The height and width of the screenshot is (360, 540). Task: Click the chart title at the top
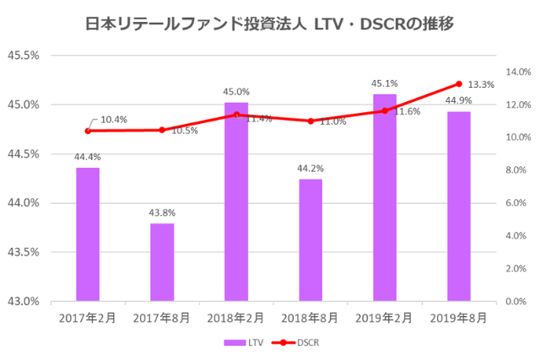pyautogui.click(x=270, y=24)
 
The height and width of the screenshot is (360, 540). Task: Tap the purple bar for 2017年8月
pyautogui.click(x=162, y=262)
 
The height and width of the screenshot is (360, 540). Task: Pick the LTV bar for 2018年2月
pyautogui.click(x=236, y=201)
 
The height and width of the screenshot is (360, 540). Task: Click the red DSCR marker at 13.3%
pyautogui.click(x=459, y=83)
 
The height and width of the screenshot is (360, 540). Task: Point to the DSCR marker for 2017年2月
pyautogui.click(x=88, y=131)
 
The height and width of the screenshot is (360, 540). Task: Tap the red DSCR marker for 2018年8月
pyautogui.click(x=310, y=121)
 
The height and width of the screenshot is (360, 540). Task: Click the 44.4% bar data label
pyautogui.click(x=88, y=156)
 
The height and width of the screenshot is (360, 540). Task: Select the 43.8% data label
pyautogui.click(x=162, y=212)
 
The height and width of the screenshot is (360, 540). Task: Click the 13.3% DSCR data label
pyautogui.click(x=481, y=85)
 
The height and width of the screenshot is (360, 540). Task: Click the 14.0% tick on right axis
pyautogui.click(x=517, y=73)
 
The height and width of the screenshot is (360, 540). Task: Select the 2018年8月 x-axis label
pyautogui.click(x=310, y=319)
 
